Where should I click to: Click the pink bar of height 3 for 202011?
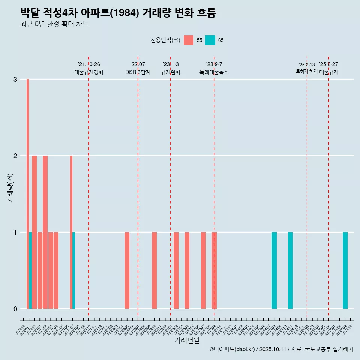point(27,193)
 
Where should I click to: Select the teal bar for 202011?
point(30,270)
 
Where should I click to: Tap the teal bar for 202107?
point(73,270)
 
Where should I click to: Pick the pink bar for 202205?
point(127,270)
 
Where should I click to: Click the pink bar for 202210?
point(154,270)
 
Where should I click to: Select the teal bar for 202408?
point(274,270)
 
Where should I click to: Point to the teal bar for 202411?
point(290,270)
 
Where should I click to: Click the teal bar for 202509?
point(345,270)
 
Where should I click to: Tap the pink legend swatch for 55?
point(189,40)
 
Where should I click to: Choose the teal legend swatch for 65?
point(210,40)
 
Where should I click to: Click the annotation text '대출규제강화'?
point(89,72)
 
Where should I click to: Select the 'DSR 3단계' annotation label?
point(138,72)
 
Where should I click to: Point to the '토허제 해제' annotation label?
point(306,71)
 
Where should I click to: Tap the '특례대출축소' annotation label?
point(214,72)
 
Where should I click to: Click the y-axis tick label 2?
point(15,156)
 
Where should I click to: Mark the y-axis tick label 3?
point(15,79)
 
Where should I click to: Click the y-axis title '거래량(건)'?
point(10,188)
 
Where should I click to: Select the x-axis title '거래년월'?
point(187,340)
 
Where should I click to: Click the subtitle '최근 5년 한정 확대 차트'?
point(54,24)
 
